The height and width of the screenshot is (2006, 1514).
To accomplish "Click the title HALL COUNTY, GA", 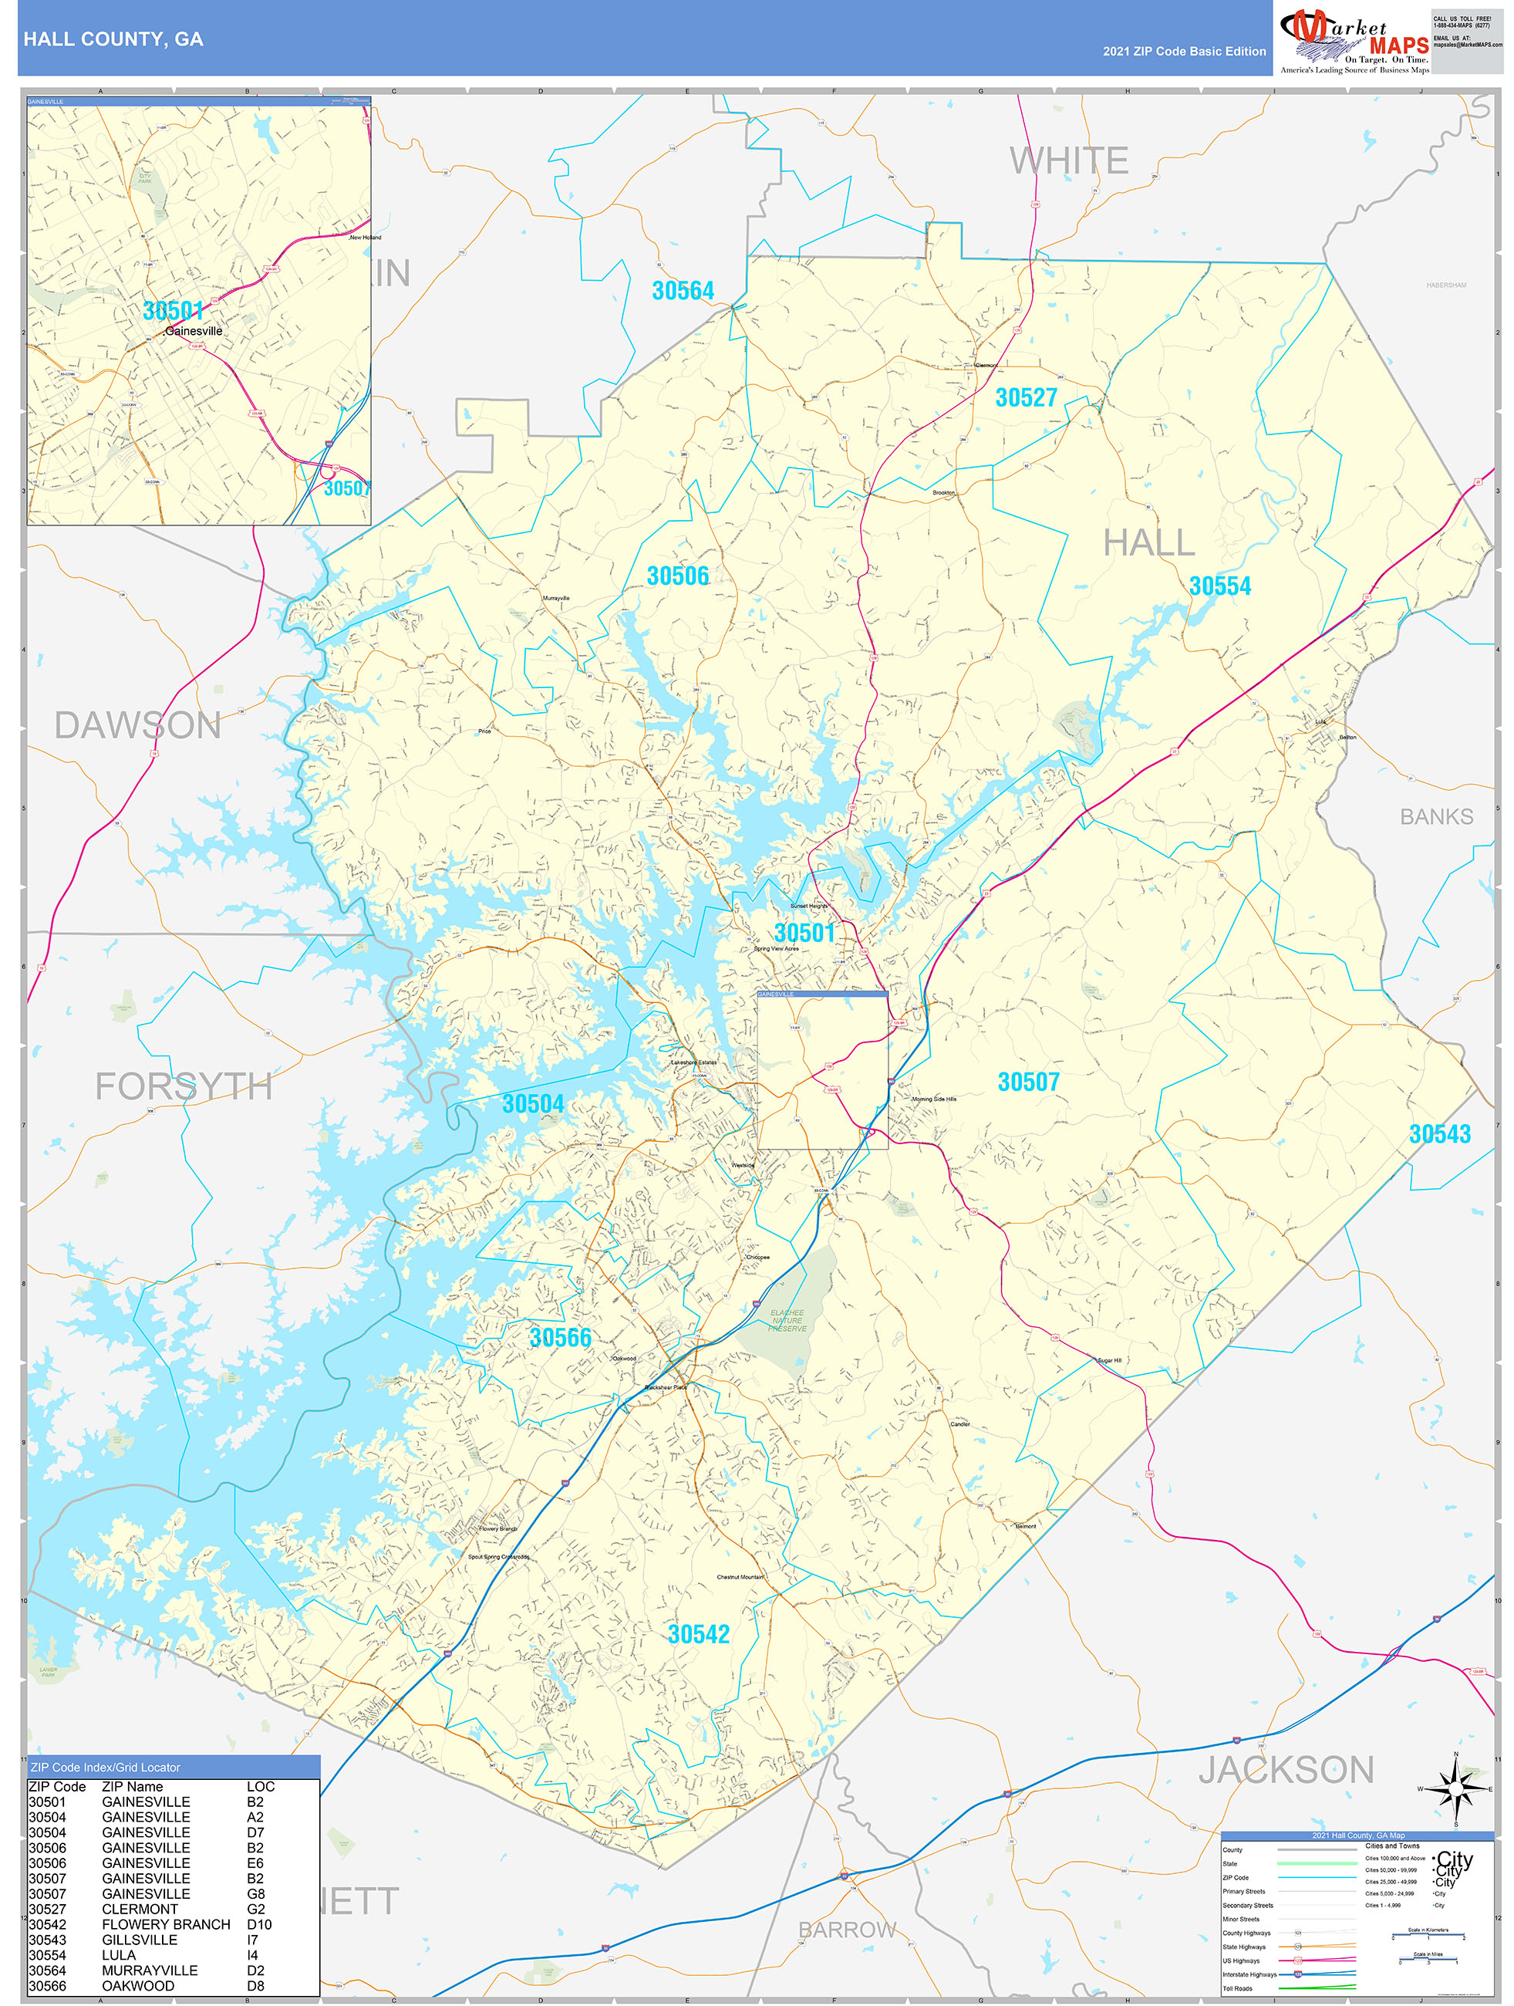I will [113, 39].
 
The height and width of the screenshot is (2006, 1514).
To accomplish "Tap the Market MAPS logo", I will [1354, 41].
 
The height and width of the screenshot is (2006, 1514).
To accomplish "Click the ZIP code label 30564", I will [683, 291].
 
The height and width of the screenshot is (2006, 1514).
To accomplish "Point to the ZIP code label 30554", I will [1219, 586].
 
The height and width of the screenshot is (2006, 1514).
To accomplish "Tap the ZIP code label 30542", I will [698, 1634].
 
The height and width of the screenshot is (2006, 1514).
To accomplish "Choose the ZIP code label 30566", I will [559, 1338].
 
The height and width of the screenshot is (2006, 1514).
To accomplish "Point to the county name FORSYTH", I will [184, 1086].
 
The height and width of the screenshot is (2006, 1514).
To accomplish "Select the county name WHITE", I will [1069, 161].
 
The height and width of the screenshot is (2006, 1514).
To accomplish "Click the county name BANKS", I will [1436, 817].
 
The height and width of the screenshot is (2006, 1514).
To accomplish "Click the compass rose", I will [1456, 1788].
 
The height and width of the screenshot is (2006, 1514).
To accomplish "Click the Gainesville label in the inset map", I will [193, 332].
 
